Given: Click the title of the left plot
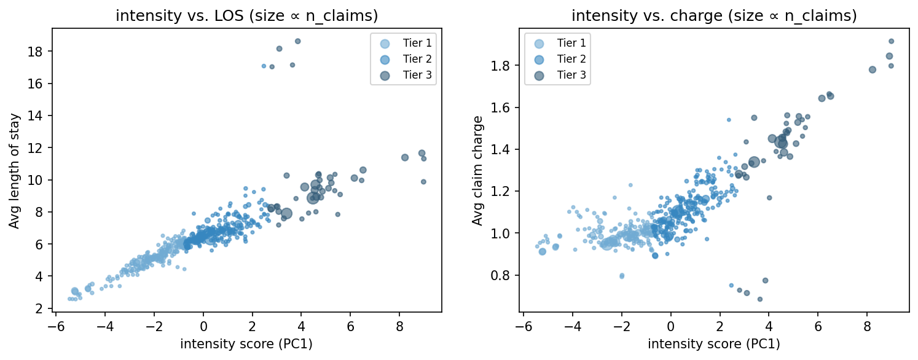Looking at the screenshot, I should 246,17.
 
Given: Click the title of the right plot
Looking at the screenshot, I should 714,17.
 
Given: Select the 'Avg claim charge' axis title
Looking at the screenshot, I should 477,171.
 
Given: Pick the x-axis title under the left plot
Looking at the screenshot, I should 246,344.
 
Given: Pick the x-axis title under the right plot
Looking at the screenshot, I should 714,344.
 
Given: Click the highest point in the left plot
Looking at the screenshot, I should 297,41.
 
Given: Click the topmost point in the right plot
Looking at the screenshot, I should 891,41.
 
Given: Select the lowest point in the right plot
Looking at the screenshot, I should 759,299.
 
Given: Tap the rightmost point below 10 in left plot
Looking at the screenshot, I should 423,181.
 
